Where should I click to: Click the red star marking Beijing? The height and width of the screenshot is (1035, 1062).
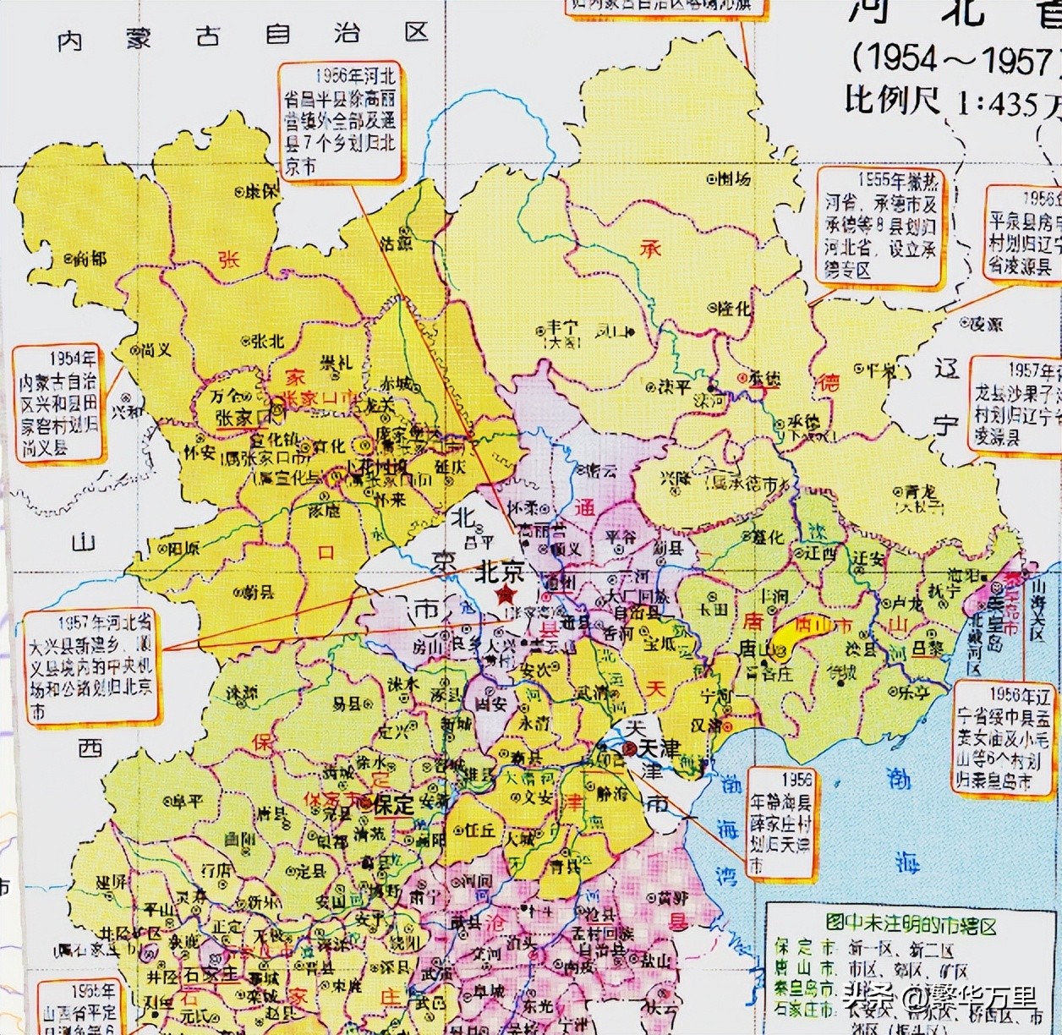507,594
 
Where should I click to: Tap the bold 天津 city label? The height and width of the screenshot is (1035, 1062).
659,748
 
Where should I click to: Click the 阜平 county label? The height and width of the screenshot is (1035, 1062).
189,800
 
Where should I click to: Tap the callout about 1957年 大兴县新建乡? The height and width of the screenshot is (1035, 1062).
90,666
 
